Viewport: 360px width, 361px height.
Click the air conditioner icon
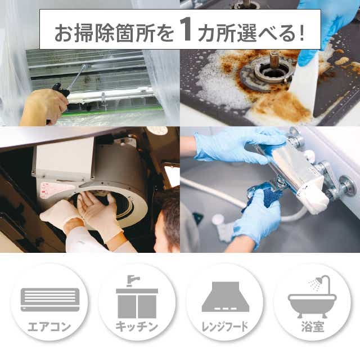[x=50, y=300]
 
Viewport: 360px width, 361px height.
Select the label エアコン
[x=49, y=327]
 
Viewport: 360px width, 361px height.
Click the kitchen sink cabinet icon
[x=137, y=297]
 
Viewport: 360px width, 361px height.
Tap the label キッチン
[x=136, y=327]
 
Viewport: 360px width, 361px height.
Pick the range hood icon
[x=226, y=297]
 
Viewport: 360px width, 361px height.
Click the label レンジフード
[x=224, y=327]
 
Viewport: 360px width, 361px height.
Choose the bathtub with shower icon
[x=312, y=296]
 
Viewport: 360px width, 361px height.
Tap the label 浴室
[x=313, y=327]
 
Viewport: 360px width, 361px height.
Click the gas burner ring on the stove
[x=264, y=74]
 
